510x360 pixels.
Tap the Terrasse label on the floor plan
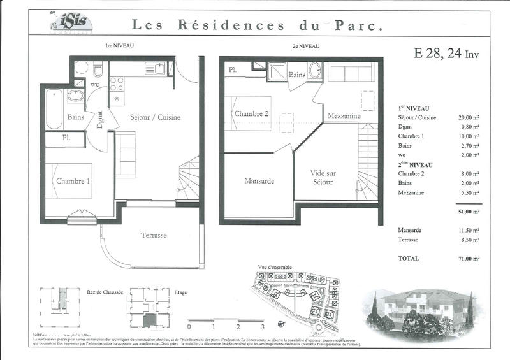153,235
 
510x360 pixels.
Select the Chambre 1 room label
73,181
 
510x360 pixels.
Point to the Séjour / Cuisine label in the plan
155,117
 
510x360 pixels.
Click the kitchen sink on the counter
154,68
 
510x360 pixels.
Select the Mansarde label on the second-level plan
259,180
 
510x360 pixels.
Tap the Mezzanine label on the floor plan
344,117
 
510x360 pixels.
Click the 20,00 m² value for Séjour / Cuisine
469,118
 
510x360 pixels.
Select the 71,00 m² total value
469,258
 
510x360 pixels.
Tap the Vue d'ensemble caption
275,267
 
